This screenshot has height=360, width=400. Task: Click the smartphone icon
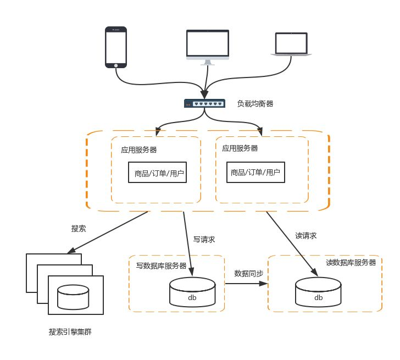pyautogui.click(x=116, y=47)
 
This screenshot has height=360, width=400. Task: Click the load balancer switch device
pyautogui.click(x=204, y=103)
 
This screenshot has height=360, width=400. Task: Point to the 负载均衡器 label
pyautogui.click(x=255, y=103)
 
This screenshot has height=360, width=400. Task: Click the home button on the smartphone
pyautogui.click(x=116, y=65)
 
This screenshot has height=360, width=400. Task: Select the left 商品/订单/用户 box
pyautogui.click(x=159, y=173)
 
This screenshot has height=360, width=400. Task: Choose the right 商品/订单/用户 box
pyautogui.click(x=255, y=173)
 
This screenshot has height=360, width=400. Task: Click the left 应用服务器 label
pyautogui.click(x=139, y=149)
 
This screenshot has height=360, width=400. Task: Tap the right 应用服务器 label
pyautogui.click(x=240, y=148)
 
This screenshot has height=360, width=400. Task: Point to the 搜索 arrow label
pyautogui.click(x=79, y=228)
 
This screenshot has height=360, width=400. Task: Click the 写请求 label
pyautogui.click(x=204, y=240)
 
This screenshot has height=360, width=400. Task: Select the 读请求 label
pyautogui.click(x=305, y=236)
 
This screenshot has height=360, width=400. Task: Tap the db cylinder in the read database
pyautogui.click(x=318, y=292)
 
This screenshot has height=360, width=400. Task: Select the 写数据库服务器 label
pyautogui.click(x=161, y=265)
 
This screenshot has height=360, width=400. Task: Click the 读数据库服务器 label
pyautogui.click(x=351, y=263)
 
